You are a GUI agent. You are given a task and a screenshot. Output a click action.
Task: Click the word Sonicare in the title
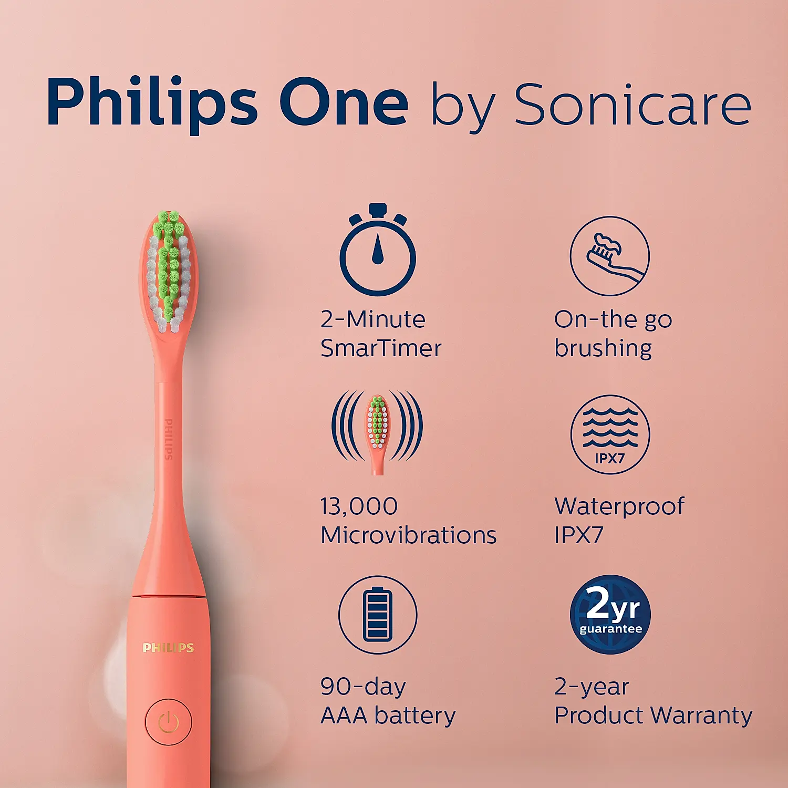tap(633, 105)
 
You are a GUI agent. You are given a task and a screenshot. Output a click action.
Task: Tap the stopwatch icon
tap(377, 251)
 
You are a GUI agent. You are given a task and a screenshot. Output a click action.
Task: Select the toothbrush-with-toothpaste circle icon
tap(609, 256)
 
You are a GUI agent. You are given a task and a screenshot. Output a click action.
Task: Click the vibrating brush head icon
tap(377, 432)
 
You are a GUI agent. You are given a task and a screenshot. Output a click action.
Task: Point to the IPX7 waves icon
tap(610, 434)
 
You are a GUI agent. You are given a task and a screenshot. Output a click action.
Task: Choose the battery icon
tap(378, 615)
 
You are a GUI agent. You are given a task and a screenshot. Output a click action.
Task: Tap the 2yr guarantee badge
tap(610, 614)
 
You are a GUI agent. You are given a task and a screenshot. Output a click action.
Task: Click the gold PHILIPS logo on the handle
tap(168, 648)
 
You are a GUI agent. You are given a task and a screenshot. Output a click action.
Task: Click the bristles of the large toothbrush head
tap(169, 271)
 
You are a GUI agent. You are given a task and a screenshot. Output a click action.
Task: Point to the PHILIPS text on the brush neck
tap(169, 439)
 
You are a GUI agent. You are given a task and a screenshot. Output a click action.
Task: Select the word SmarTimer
tap(381, 348)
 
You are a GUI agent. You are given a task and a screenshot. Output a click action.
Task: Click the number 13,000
tap(359, 506)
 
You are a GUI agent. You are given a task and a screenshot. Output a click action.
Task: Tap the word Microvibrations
tap(408, 535)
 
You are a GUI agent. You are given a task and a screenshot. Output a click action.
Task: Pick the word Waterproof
tap(619, 506)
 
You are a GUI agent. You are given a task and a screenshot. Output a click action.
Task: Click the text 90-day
tap(363, 687)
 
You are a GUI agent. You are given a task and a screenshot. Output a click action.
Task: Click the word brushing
tap(603, 348)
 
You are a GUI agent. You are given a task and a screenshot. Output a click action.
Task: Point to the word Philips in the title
tap(152, 102)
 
